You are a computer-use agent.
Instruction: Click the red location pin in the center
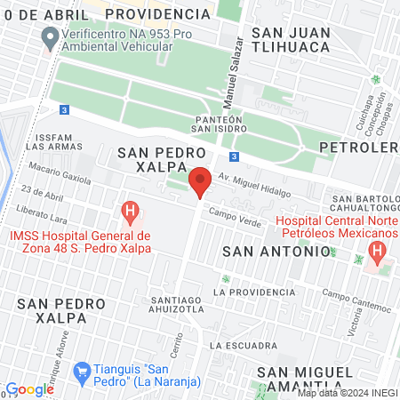200,180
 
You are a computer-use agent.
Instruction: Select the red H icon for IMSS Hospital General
130,213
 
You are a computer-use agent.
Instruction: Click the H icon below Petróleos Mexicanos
378,252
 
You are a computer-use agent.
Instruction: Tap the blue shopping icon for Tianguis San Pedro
83,370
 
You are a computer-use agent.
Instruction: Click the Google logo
30,389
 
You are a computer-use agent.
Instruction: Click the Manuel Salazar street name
236,71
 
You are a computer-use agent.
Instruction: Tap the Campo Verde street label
234,214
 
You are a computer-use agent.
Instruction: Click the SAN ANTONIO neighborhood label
276,252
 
